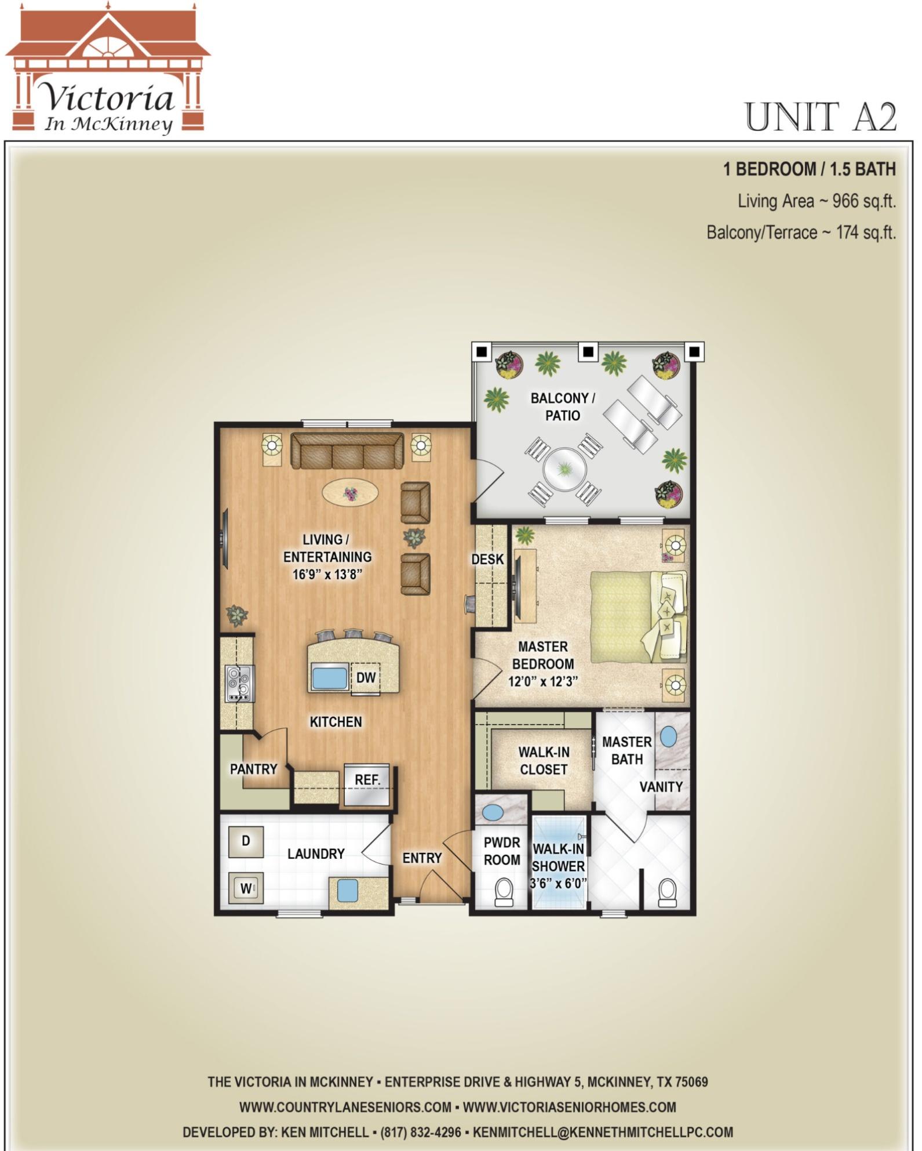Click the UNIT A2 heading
click(820, 117)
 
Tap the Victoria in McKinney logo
click(108, 70)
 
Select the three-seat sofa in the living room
click(347, 451)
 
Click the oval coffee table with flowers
click(351, 493)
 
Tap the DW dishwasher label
click(366, 677)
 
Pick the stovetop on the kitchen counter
click(239, 684)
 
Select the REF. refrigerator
click(367, 785)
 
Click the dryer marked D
click(246, 841)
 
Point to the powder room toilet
click(503, 892)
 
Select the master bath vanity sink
click(668, 737)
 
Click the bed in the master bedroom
click(639, 616)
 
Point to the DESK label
click(487, 560)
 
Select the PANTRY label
click(253, 769)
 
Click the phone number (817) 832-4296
click(421, 1132)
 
